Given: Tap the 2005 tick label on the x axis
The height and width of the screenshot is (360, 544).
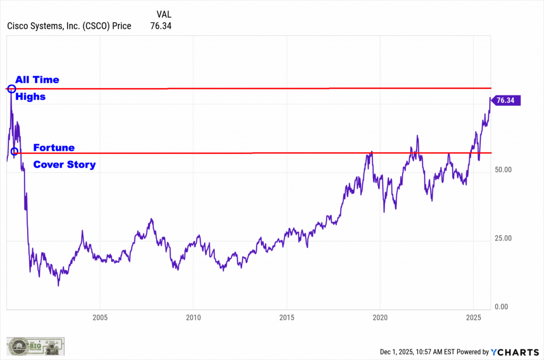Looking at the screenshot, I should pyautogui.click(x=100, y=318).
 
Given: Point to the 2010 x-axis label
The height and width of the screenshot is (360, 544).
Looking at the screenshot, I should pyautogui.click(x=193, y=318).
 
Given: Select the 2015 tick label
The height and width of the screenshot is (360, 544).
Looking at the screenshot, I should pyautogui.click(x=286, y=318).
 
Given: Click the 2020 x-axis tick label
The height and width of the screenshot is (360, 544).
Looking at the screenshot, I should pyautogui.click(x=380, y=318).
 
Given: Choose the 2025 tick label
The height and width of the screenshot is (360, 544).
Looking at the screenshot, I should pyautogui.click(x=473, y=318).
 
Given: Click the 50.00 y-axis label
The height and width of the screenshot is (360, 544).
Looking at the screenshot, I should pyautogui.click(x=502, y=170).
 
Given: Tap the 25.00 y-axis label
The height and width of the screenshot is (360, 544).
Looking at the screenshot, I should pyautogui.click(x=502, y=238).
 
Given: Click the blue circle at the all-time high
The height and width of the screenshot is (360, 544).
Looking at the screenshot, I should pyautogui.click(x=11, y=88).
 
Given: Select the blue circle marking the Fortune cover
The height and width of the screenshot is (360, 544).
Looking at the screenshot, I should pyautogui.click(x=14, y=151).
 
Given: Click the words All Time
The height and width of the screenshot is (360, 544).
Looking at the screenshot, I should pyautogui.click(x=37, y=80).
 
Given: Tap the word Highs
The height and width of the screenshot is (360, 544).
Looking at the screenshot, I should pyautogui.click(x=30, y=97).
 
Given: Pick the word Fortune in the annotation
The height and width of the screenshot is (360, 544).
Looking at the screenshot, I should pyautogui.click(x=54, y=147).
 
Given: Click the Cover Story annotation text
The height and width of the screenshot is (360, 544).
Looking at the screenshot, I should pyautogui.click(x=64, y=165).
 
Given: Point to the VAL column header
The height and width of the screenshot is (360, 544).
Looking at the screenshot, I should pyautogui.click(x=164, y=14).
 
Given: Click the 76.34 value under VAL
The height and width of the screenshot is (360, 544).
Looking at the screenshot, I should pyautogui.click(x=161, y=25).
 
